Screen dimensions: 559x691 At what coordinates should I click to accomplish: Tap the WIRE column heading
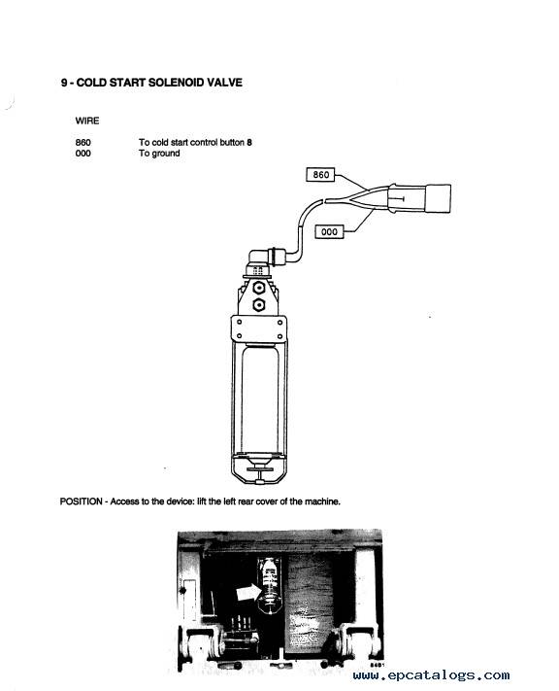(87, 121)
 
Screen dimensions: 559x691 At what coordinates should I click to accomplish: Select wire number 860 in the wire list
(83, 142)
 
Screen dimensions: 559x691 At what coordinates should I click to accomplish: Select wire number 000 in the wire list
(83, 154)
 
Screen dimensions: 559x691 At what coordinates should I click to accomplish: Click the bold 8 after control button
(249, 142)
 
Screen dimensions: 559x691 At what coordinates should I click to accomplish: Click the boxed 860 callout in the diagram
(320, 175)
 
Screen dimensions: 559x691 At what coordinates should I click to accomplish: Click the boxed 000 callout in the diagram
(329, 232)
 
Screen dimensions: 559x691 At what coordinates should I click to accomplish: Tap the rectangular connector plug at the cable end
(438, 198)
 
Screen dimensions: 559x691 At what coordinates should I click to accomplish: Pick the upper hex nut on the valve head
(259, 288)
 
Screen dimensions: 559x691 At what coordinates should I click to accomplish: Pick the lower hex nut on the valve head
(259, 304)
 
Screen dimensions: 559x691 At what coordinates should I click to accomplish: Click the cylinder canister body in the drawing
(260, 398)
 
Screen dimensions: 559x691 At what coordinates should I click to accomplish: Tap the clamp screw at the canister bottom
(260, 474)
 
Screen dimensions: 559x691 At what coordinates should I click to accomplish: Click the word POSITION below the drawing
(81, 501)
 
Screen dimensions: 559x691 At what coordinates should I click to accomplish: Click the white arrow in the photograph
(248, 592)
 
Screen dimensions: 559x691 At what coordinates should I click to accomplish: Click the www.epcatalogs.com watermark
(431, 675)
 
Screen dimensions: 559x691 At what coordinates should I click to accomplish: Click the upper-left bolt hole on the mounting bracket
(240, 322)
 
